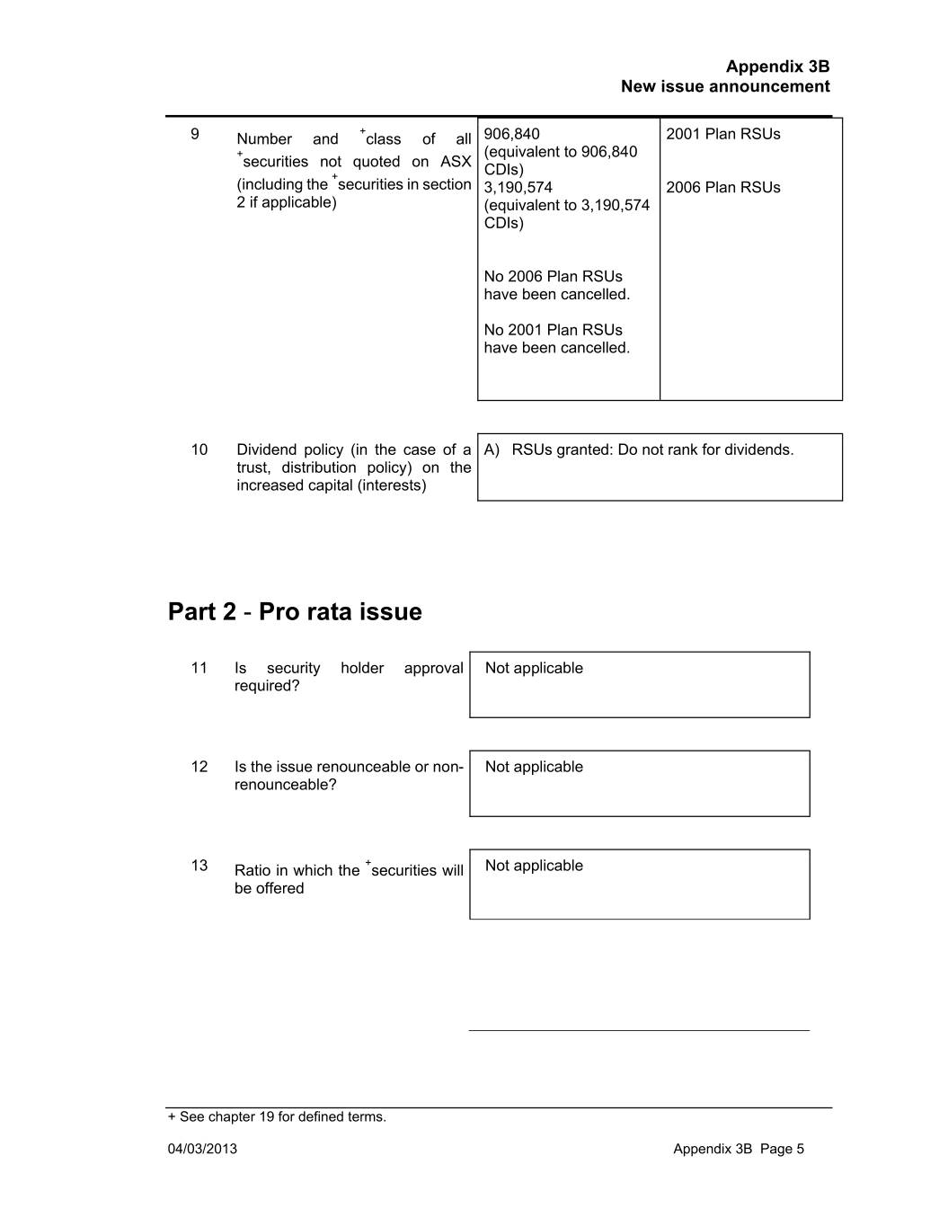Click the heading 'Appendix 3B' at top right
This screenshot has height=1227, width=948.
777,67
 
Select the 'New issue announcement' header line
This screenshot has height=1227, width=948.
724,86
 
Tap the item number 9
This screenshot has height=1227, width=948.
195,134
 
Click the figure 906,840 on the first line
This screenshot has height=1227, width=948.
511,134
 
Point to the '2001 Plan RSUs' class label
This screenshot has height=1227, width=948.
722,134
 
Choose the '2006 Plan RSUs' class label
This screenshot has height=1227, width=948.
722,188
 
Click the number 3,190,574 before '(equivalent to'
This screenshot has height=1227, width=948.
518,188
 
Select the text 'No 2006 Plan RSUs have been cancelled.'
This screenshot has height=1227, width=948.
556,286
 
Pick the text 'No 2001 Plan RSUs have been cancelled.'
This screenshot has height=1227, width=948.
556,339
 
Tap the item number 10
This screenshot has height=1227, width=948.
199,449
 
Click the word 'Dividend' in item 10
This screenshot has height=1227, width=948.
264,449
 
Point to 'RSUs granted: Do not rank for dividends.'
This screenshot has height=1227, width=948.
652,449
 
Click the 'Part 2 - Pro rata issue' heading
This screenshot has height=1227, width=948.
295,612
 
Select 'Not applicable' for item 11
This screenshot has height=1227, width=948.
534,668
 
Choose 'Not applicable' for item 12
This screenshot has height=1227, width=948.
534,767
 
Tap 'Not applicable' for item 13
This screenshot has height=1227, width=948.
534,866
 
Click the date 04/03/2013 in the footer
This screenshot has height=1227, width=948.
202,1149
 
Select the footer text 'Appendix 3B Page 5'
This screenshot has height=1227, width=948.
739,1149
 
